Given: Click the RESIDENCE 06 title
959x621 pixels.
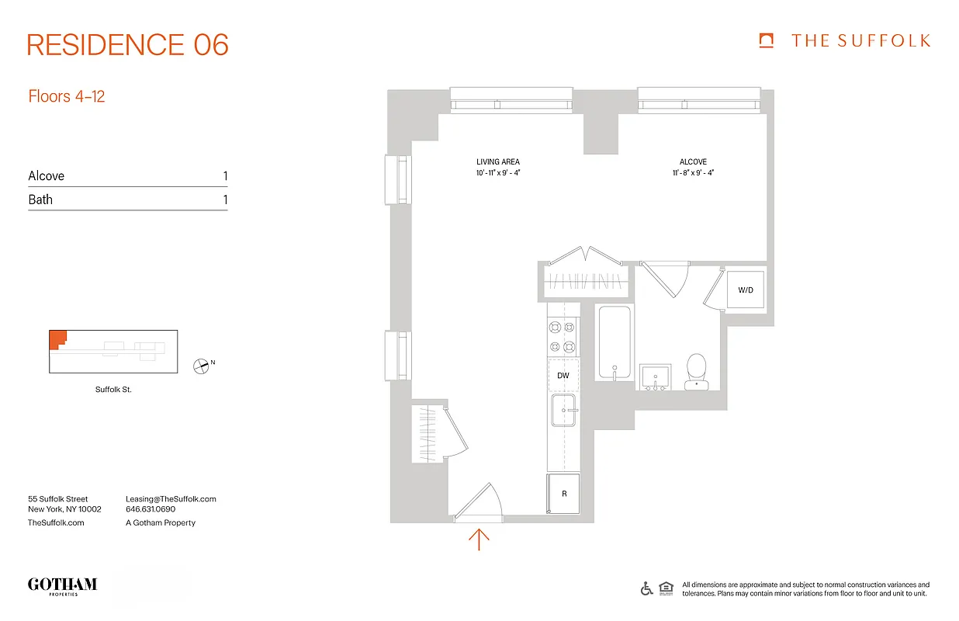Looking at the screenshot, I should [128, 45].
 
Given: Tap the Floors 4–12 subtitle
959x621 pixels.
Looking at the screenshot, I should [67, 96].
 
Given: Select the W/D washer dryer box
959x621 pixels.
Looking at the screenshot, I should [746, 290].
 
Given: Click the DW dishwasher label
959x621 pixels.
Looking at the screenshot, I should [563, 376].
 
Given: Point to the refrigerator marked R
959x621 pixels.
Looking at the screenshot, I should [563, 494].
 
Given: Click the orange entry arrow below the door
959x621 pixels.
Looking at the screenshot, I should [479, 539].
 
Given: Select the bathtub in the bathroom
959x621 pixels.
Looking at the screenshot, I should [614, 342].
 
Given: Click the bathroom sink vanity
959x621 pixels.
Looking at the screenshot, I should [656, 376].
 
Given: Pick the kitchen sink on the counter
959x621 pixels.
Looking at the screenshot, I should [563, 411].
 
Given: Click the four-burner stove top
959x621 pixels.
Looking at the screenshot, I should [563, 338].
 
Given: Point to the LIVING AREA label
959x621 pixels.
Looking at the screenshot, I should [498, 162].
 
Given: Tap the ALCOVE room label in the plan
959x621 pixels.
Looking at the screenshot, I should [693, 162].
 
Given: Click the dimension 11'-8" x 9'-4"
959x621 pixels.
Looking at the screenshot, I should [693, 172].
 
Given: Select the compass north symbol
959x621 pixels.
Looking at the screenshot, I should [202, 366].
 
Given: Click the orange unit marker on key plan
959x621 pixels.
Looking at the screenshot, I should [57, 338].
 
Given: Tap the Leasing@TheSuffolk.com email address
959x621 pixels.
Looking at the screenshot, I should [171, 499].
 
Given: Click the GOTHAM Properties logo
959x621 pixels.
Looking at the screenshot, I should [62, 585].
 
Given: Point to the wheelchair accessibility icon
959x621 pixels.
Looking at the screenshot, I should [646, 588].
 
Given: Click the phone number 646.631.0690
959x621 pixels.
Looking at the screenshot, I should [151, 509].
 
